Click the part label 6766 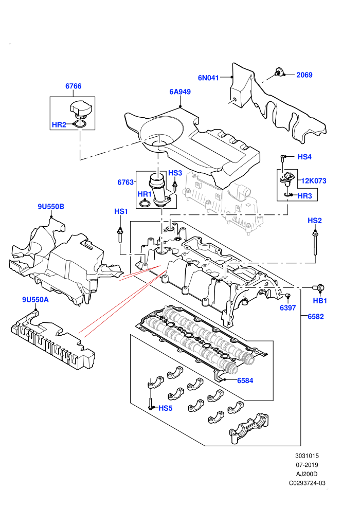74,86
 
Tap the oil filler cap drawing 81,109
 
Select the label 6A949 180,92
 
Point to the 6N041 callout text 208,78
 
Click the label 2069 304,75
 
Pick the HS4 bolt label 304,157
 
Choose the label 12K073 314,181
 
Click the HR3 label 304,196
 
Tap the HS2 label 315,221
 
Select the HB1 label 320,301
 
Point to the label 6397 288,308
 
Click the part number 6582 316,317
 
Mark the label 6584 245,380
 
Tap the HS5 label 165,408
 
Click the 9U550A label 35,300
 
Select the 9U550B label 51,207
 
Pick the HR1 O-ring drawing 145,204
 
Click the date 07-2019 307,465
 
